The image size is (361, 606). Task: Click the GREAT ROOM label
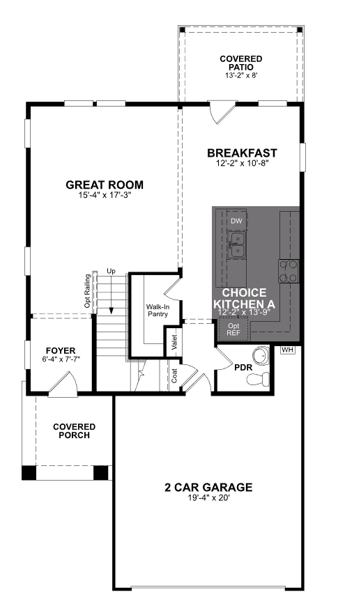105,185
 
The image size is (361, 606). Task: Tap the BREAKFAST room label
242,153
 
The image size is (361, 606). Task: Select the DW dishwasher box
236,221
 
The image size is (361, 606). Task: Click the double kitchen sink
236,245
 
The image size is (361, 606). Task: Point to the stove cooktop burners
289,272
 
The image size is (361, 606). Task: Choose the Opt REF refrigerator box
233,329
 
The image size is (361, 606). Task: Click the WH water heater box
288,350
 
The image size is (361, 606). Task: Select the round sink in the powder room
261,355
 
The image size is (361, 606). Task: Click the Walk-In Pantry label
158,310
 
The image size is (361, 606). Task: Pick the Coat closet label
174,375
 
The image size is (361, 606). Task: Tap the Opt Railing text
88,291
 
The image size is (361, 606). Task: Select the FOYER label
61,350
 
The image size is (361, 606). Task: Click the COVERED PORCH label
74,431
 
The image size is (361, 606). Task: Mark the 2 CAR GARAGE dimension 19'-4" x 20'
208,498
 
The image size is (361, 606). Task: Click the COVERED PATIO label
241,63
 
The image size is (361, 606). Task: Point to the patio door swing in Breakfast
222,112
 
